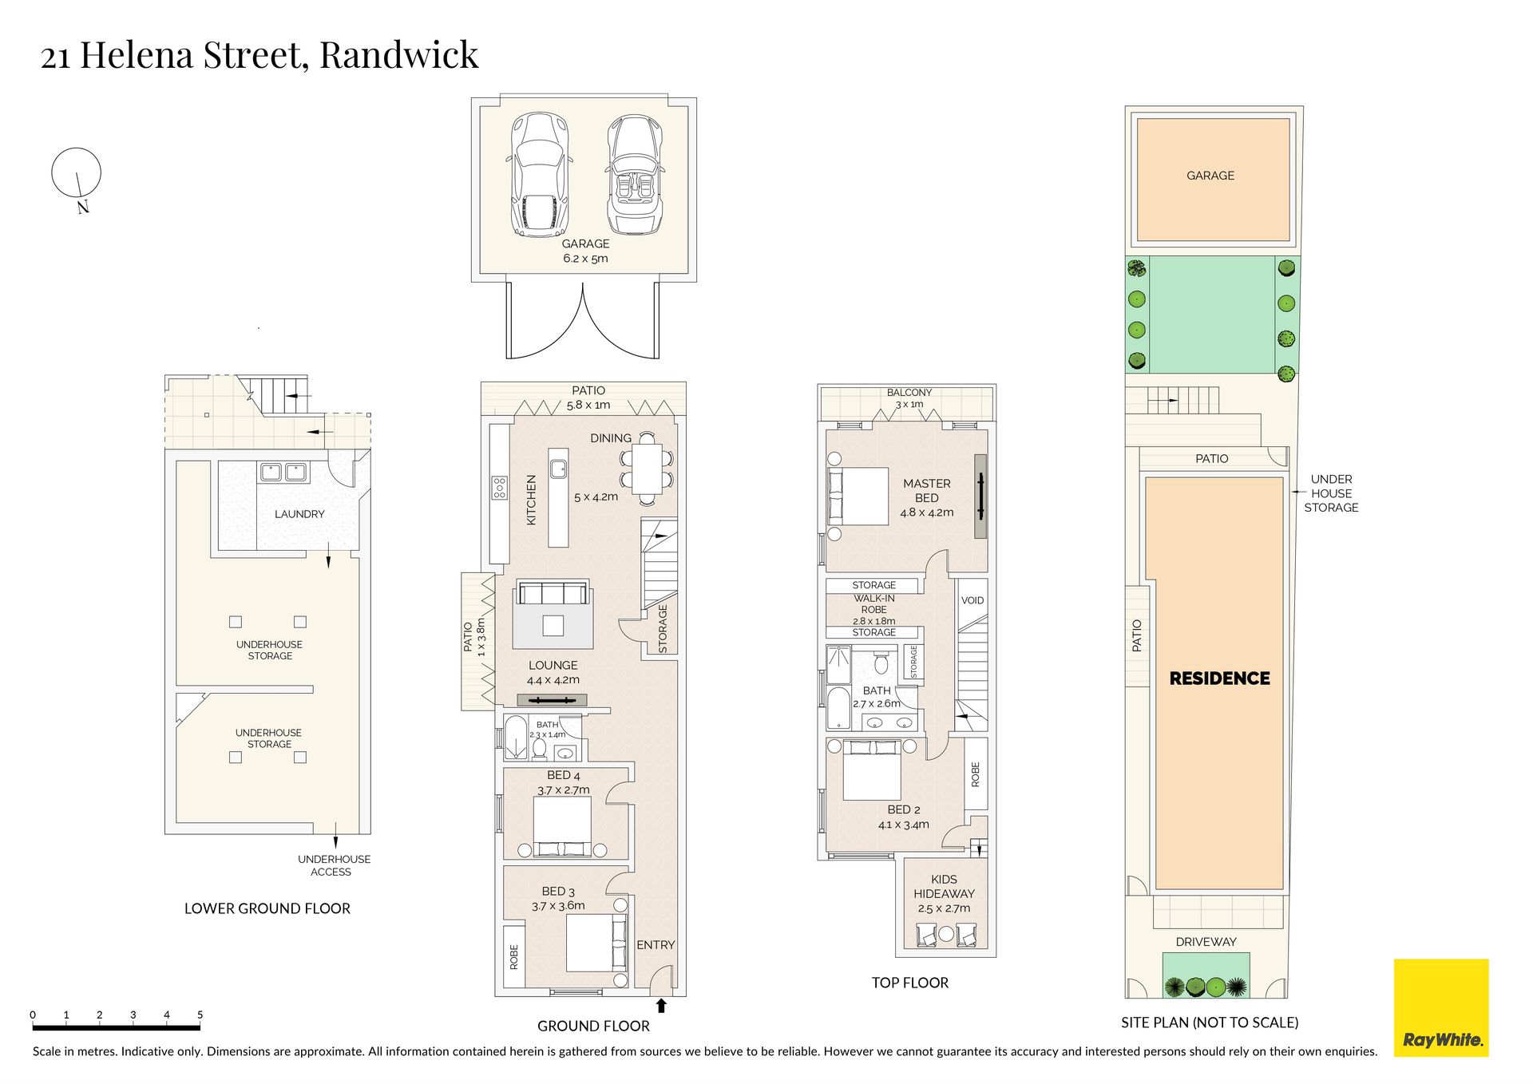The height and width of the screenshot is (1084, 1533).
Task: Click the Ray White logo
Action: [x=1440, y=1007]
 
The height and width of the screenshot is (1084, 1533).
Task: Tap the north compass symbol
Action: [x=77, y=177]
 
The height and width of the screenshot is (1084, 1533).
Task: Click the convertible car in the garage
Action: [x=635, y=175]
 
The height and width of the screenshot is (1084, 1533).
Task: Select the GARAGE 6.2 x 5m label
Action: [x=585, y=251]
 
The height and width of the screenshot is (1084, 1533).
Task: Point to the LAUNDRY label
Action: [x=299, y=514]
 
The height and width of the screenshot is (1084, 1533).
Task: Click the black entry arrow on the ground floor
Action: [x=660, y=1006]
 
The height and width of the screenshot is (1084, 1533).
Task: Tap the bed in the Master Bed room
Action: [x=858, y=497]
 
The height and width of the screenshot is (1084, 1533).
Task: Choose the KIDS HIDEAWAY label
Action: [x=944, y=886]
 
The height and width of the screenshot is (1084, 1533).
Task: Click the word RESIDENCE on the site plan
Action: [x=1219, y=678]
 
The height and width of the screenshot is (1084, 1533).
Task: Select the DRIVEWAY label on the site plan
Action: [x=1206, y=942]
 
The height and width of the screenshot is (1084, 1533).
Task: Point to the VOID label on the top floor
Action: [x=972, y=600]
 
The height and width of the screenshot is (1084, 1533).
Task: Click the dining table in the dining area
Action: [x=647, y=469]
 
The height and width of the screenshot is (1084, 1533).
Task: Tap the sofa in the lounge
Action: [x=553, y=593]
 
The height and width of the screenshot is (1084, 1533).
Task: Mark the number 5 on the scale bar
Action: [x=200, y=1015]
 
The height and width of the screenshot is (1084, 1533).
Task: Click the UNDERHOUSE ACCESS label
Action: [x=334, y=865]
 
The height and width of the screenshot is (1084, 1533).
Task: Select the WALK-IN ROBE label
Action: [x=874, y=603]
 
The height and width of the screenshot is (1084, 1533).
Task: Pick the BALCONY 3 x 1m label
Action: [x=909, y=398]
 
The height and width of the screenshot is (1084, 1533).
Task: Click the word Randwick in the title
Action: [x=398, y=55]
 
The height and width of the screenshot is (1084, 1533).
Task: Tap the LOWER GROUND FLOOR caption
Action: [x=267, y=908]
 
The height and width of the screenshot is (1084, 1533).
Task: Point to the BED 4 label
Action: [x=564, y=775]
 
